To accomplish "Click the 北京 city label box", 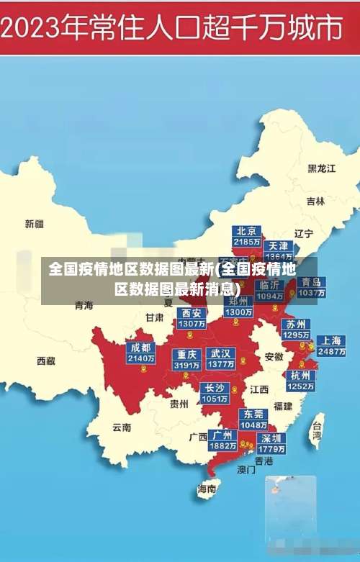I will point(247,231).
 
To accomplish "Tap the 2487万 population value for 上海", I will point(331,352).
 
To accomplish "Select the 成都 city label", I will point(140,348).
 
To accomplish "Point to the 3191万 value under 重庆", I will point(186,365).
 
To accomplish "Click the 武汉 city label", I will point(220,353).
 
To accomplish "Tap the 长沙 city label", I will point(215,388).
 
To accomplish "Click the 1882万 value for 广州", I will point(222,446).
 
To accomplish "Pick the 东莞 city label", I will point(254,414).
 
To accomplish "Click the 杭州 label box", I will point(300,375).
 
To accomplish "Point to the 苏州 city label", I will point(295,324).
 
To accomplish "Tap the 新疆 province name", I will point(35,224).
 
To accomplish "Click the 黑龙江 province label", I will point(322,168).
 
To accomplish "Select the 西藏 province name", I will point(46,361).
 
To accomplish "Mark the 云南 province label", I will point(122,427).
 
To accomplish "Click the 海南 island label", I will point(207,489).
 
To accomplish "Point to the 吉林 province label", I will point(315,201).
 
